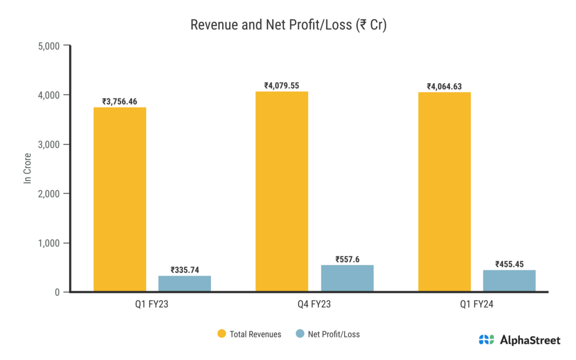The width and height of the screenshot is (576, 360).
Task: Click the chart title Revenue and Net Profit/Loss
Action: click(288, 25)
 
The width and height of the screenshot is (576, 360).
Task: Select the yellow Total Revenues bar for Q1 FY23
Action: click(120, 199)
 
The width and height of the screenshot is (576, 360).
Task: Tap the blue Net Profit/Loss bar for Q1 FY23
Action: click(184, 283)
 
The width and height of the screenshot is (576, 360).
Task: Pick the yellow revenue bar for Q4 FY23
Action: click(282, 191)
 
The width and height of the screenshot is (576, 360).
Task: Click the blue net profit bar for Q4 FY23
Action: click(347, 278)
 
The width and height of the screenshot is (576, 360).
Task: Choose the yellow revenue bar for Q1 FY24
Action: click(444, 192)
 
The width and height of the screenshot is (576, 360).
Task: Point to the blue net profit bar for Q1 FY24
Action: click(509, 281)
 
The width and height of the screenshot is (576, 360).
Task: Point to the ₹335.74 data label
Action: click(184, 269)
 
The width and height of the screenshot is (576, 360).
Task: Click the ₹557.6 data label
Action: click(347, 259)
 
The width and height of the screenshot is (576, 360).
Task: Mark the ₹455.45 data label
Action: click(509, 264)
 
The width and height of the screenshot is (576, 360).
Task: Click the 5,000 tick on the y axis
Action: click(48, 46)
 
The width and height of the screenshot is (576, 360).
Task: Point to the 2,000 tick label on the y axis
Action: click(48, 193)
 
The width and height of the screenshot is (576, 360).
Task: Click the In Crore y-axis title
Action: click(26, 169)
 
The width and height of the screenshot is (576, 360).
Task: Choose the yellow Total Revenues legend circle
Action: click(222, 334)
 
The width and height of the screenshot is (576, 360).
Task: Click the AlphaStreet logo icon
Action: click(487, 340)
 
